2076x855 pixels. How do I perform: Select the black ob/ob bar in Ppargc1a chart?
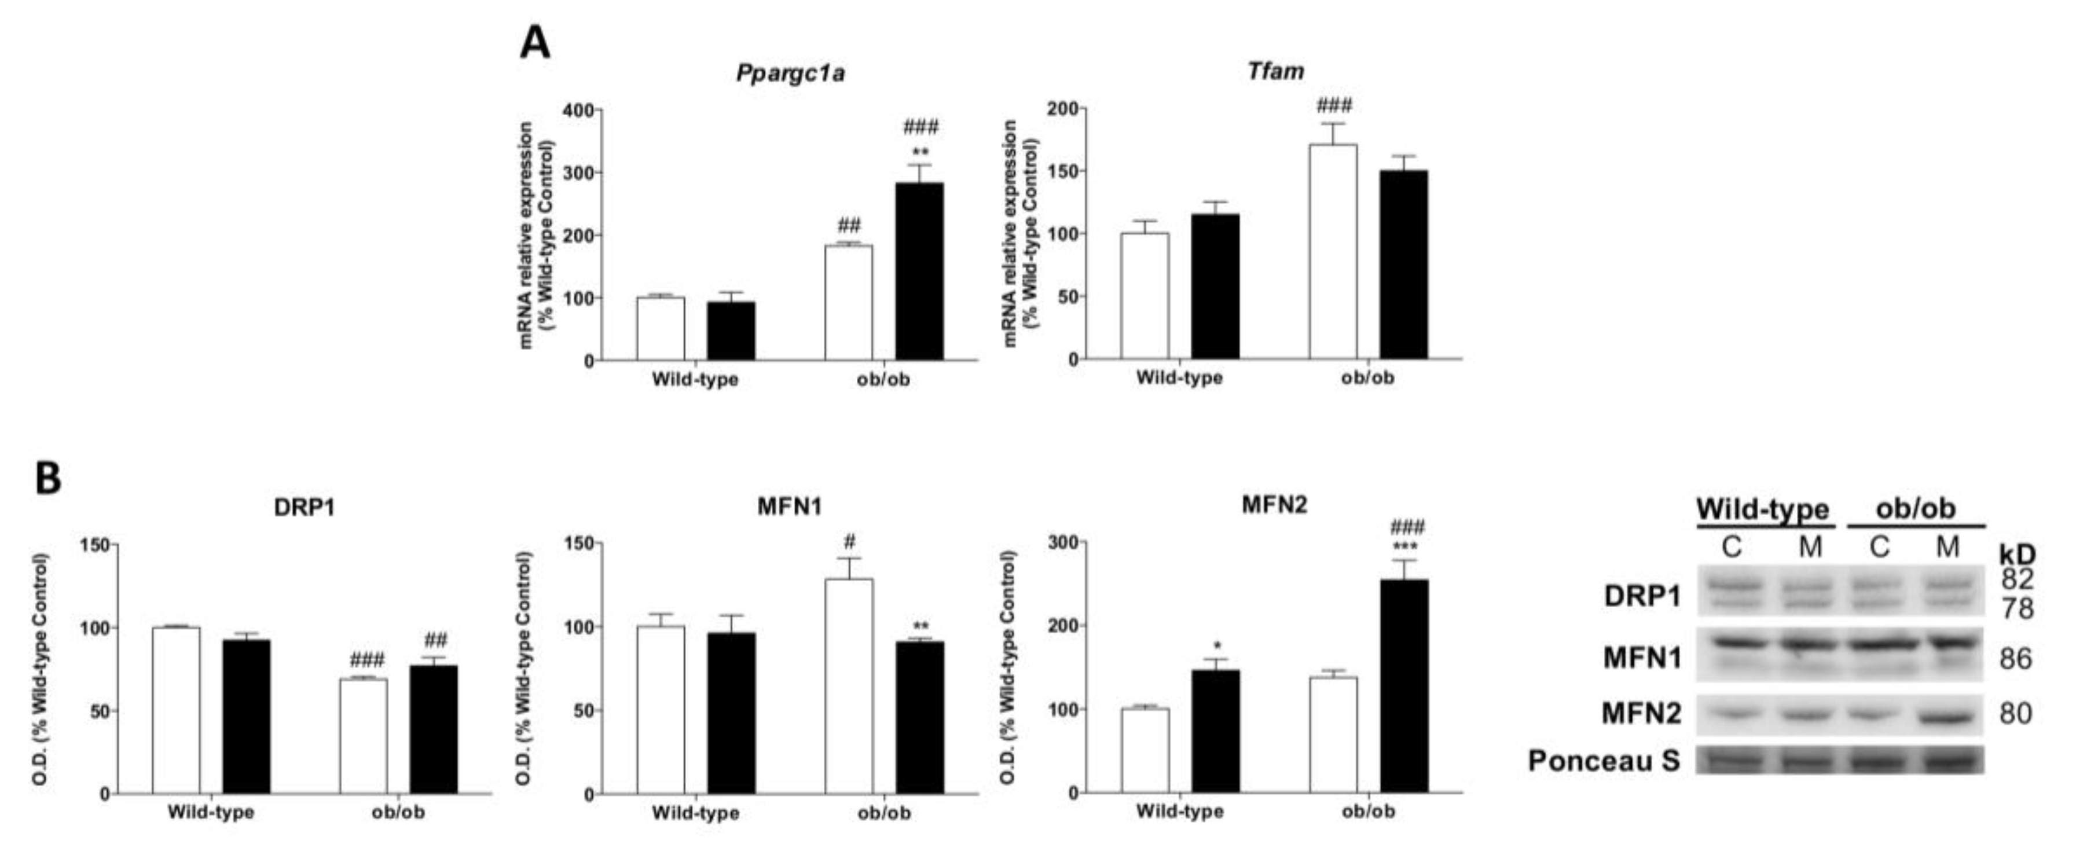pos(919,271)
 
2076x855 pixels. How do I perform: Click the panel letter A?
pos(535,43)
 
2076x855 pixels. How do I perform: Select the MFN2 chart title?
pos(1274,505)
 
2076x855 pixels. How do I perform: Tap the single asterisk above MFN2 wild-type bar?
pos(1217,646)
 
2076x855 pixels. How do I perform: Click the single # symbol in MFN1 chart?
pos(849,541)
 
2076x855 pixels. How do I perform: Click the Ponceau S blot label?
pos(1603,761)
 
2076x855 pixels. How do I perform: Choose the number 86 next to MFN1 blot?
pos(2016,659)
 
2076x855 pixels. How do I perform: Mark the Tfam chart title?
pos(1275,72)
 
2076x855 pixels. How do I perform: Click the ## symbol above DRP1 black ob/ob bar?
pos(435,641)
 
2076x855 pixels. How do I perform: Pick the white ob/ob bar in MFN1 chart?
pos(849,686)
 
